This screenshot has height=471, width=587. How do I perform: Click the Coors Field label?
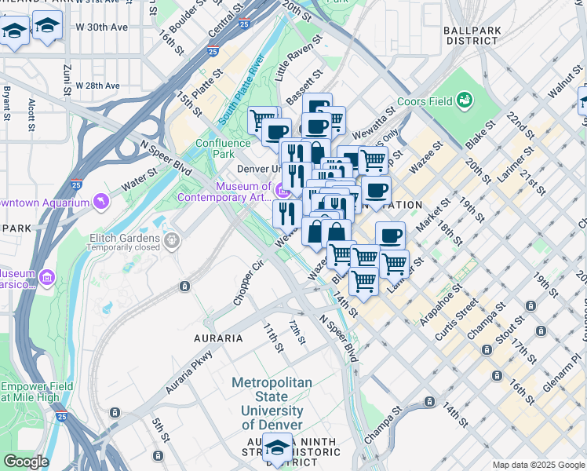(x=425, y=100)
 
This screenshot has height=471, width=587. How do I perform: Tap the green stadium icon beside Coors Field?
(x=465, y=100)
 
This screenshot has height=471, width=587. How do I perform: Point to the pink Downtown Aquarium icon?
(x=100, y=203)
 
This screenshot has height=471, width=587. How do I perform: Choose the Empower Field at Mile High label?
(x=37, y=392)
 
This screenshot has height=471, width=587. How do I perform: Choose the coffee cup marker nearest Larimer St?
(x=390, y=235)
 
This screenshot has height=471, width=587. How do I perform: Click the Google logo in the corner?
(x=25, y=462)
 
